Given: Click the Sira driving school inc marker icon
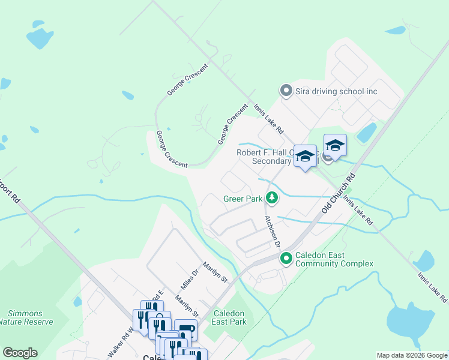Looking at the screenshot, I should pyautogui.click(x=286, y=91).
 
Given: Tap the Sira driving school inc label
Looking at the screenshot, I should pyautogui.click(x=337, y=91).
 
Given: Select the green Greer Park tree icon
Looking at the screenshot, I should pyautogui.click(x=272, y=197).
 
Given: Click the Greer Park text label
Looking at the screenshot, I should pyautogui.click(x=242, y=198).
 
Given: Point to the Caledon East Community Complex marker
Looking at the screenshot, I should pyautogui.click(x=286, y=259).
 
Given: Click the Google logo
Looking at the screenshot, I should pyautogui.click(x=20, y=353).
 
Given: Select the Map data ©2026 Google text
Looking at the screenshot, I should pyautogui.click(x=411, y=355).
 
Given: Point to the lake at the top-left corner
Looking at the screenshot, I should pyautogui.click(x=40, y=37).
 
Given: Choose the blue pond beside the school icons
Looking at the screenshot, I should pyautogui.click(x=367, y=133).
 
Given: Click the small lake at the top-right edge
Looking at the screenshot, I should pyautogui.click(x=396, y=30).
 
